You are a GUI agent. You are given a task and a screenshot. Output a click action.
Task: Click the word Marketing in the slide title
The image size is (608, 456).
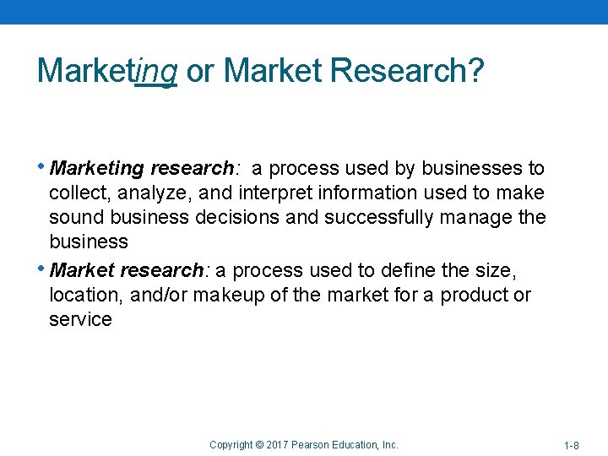click(x=107, y=71)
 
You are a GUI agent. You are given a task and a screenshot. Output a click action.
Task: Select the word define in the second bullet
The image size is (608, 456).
click(x=404, y=270)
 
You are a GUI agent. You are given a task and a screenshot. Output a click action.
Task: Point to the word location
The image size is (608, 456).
click(x=82, y=295)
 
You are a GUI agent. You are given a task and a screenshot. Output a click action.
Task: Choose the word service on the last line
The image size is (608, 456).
click(x=80, y=319)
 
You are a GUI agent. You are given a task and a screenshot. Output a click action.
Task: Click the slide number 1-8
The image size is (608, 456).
click(x=571, y=445)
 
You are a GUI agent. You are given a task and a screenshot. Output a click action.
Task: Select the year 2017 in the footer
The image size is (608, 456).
click(x=279, y=444)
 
